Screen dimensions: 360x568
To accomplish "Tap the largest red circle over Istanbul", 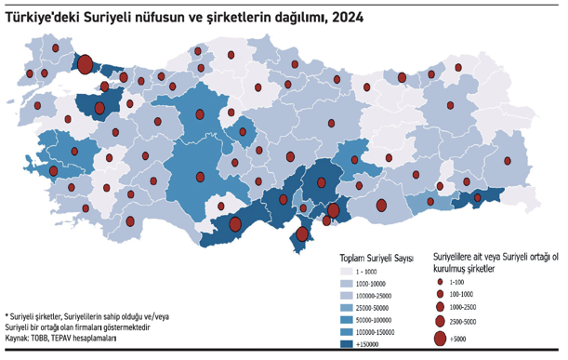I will click(85, 64).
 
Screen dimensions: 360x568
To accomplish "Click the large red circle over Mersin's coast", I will click(235, 223).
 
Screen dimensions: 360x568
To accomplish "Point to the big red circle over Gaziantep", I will click(333, 211).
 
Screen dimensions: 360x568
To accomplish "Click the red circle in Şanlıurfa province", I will click(381, 206).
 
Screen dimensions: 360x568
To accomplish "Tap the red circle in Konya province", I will click(200, 177).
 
